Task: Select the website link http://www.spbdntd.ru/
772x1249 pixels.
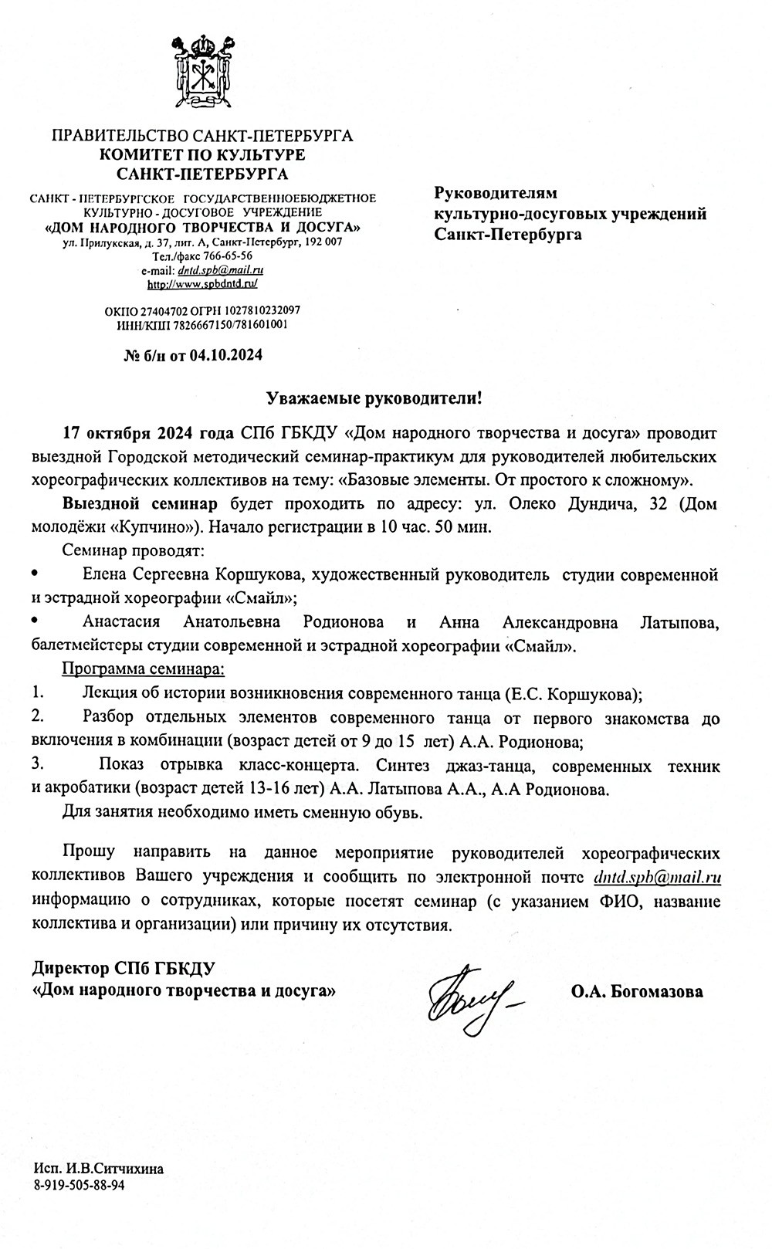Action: [201, 284]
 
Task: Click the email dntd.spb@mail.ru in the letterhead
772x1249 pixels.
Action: [221, 270]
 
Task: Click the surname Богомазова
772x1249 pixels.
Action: [656, 992]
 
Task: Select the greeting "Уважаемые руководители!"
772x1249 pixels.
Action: [374, 398]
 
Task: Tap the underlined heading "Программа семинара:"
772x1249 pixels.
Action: [143, 667]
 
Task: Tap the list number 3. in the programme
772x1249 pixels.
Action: [36, 766]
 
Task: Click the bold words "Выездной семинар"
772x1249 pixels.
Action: [140, 505]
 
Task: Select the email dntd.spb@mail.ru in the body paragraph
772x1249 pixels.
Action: [658, 877]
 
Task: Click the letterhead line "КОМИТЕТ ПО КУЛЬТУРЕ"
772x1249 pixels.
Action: [201, 154]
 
